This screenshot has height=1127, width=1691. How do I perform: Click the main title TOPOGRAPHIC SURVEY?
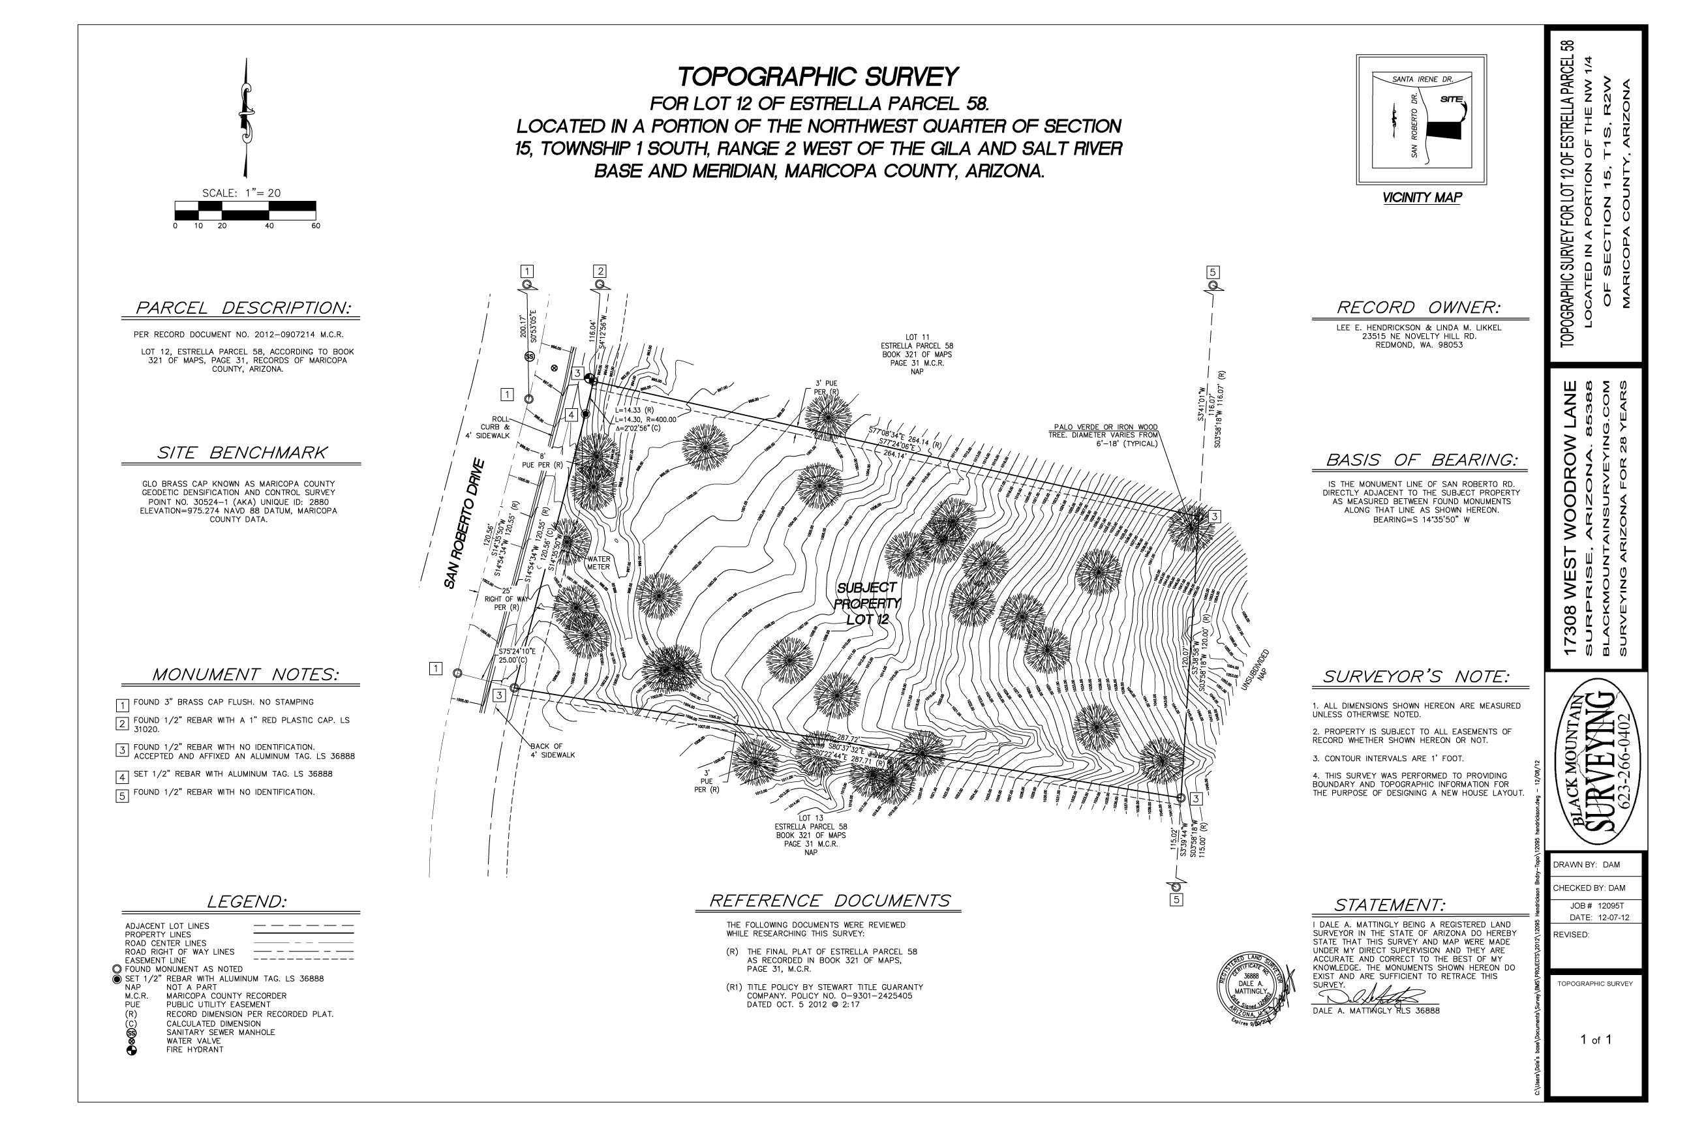click(818, 77)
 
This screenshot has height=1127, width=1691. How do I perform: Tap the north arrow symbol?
click(246, 119)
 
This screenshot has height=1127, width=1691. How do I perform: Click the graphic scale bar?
click(245, 210)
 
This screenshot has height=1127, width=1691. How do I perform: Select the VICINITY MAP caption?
click(1422, 198)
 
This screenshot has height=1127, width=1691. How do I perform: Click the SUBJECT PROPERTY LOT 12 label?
click(867, 603)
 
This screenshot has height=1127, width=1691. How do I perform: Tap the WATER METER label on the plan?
click(598, 563)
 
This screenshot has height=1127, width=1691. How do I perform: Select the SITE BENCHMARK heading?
click(241, 453)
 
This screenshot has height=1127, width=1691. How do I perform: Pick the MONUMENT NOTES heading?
click(245, 675)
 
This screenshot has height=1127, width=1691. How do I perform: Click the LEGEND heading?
click(246, 902)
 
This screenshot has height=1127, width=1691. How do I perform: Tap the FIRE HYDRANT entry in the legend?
click(194, 1049)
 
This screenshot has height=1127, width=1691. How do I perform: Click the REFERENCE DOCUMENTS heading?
click(829, 901)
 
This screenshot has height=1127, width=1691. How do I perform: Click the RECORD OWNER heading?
click(1418, 308)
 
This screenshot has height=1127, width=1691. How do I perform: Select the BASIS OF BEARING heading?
click(1422, 460)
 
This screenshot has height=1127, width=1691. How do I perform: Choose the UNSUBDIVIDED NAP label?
click(1257, 670)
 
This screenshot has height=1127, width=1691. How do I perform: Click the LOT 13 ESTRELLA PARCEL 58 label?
click(810, 834)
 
